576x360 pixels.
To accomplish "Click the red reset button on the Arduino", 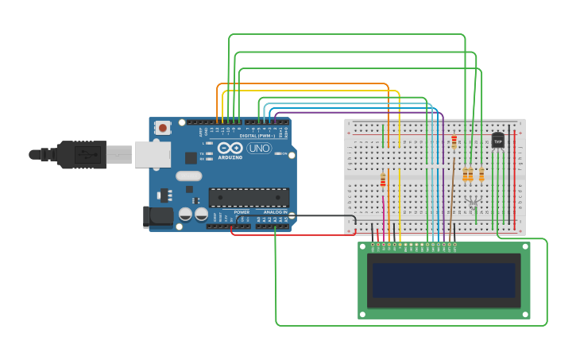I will [x=163, y=127].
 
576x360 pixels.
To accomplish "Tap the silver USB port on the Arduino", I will [x=152, y=155].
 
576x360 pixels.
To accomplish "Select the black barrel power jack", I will [x=158, y=215].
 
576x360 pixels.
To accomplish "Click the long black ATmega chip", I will [x=248, y=198].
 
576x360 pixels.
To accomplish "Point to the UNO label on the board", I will [x=259, y=148].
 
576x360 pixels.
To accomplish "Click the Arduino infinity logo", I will [x=229, y=148].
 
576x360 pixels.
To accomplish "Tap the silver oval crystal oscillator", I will [x=189, y=176].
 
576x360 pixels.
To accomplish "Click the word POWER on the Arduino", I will [x=242, y=212].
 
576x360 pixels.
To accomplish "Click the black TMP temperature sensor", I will [x=498, y=141].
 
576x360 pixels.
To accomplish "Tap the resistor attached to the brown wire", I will [x=454, y=142].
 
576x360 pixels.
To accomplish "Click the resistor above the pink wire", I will [x=383, y=180].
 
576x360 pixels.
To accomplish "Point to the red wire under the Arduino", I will [x=294, y=234].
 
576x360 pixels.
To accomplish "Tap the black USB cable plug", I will [x=79, y=154].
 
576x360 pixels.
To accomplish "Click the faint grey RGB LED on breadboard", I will [x=474, y=203].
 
